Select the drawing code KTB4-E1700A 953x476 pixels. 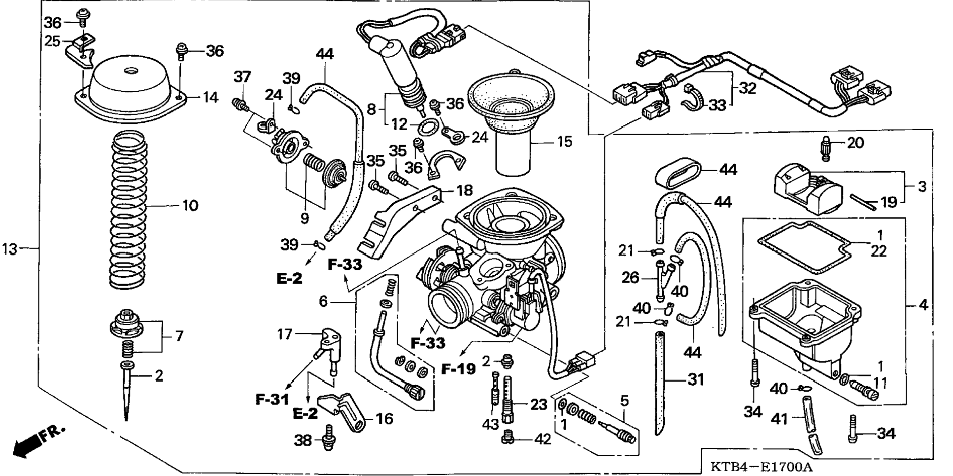[761, 467]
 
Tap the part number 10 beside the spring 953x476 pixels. [190, 205]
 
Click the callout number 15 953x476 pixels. [565, 142]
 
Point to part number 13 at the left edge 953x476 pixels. [10, 249]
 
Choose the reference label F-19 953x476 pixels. [458, 369]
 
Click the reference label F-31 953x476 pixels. [272, 399]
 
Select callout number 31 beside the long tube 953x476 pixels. [696, 380]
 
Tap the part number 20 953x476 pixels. [855, 143]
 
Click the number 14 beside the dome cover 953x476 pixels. [210, 97]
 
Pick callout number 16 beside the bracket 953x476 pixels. [385, 419]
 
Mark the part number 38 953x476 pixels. [303, 440]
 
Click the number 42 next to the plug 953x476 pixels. [543, 439]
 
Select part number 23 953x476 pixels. [539, 404]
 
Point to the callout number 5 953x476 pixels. [624, 401]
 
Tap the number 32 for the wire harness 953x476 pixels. [748, 88]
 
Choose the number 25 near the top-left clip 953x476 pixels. [52, 41]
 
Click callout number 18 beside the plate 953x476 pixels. [464, 190]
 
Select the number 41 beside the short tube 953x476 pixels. [779, 419]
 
